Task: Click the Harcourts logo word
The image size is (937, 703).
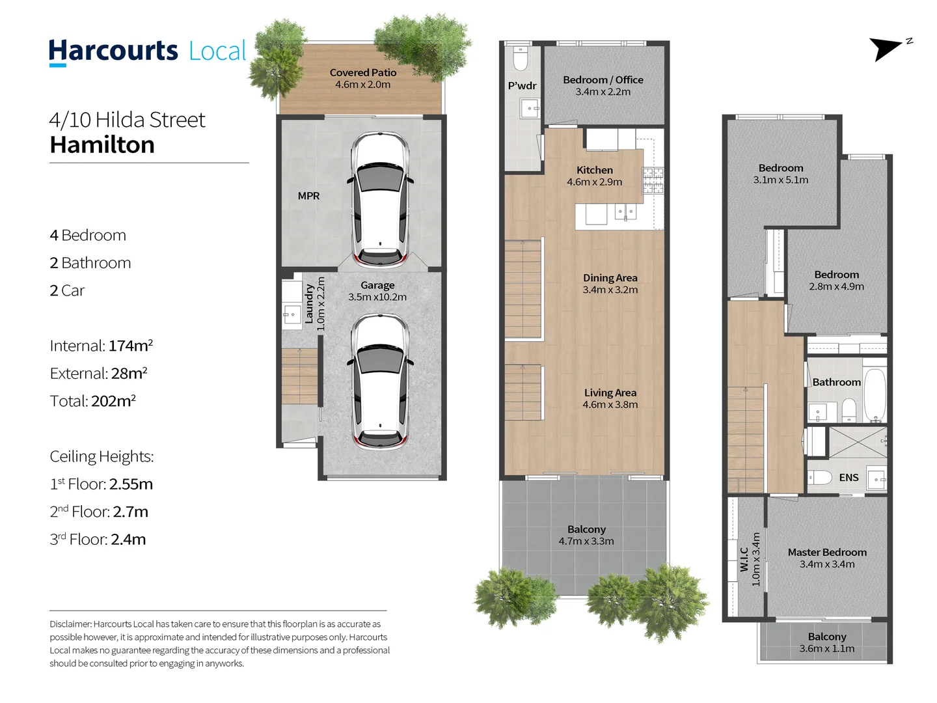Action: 113,51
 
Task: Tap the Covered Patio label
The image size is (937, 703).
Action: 363,72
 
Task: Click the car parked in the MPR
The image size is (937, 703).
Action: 380,199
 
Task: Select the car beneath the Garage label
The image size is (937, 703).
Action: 380,381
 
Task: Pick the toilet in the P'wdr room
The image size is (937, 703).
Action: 521,59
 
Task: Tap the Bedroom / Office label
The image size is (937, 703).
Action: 603,80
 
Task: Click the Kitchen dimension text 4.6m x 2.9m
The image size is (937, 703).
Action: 594,182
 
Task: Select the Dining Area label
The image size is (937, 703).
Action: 610,278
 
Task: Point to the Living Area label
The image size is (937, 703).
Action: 610,393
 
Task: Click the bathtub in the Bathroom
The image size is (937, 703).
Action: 875,395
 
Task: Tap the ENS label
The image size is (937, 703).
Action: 849,478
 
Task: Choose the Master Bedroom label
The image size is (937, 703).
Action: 827,553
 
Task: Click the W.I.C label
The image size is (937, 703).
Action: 744,559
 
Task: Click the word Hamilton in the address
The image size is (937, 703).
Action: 102,145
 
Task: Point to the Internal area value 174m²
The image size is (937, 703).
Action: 131,345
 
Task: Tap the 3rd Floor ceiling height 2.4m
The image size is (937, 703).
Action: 128,539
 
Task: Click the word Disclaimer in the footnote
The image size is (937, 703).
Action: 70,624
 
